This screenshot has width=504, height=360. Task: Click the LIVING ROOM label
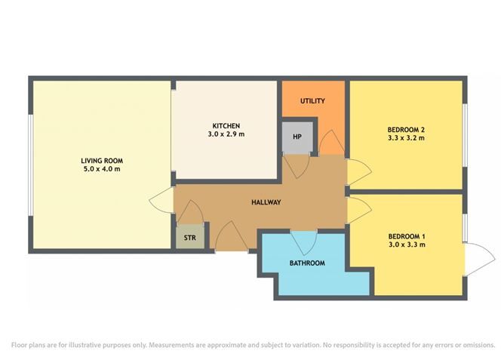[x=102, y=161]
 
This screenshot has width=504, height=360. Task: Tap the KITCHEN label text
[x=226, y=126]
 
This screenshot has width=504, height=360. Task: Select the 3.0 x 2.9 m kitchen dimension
[x=226, y=134]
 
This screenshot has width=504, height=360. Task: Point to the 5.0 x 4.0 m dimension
[x=102, y=169]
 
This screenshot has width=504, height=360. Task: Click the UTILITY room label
[x=312, y=101]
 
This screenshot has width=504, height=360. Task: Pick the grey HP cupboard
[x=297, y=137]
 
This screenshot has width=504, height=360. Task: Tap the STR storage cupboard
[x=190, y=237]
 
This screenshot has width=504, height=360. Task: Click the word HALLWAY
[x=266, y=202]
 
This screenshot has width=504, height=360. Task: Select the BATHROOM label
[x=307, y=263]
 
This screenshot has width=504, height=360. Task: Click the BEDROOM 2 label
[x=406, y=130]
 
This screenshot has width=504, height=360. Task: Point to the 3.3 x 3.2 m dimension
[x=406, y=138]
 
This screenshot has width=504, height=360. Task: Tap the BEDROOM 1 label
[x=407, y=236]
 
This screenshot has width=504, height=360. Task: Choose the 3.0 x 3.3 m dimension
[x=407, y=245]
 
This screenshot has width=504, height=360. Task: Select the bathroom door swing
[x=304, y=243]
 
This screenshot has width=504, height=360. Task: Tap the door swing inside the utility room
[x=331, y=143]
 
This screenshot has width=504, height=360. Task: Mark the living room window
[x=30, y=165]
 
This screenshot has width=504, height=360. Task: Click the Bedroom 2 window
[x=465, y=135]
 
